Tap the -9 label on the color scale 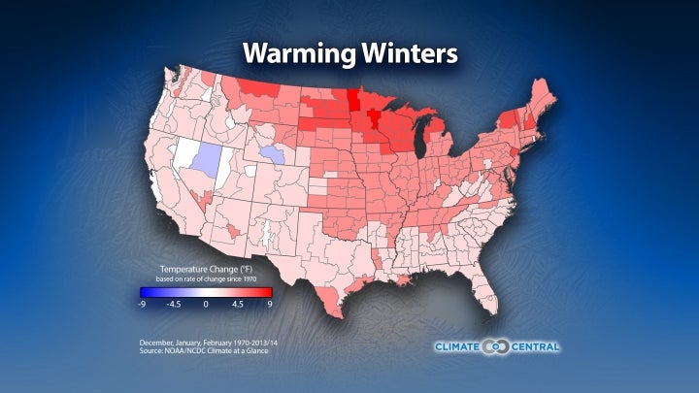[143, 304]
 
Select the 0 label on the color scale [206, 304]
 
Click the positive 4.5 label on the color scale [238, 304]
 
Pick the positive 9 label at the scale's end [269, 304]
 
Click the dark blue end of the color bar [144, 291]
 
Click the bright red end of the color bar [268, 291]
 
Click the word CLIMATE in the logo [460, 346]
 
